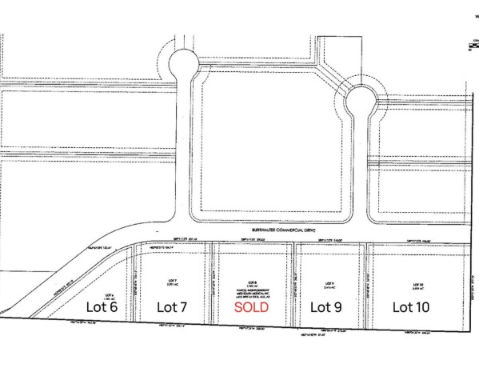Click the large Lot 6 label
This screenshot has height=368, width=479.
coord(102,306)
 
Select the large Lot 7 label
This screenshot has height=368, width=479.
coord(171,306)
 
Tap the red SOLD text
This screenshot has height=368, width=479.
coord(250,306)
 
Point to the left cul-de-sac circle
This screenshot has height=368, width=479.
coord(182,61)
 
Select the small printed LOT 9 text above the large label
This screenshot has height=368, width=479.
coord(329,282)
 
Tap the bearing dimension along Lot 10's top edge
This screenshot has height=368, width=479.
coord(417,240)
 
